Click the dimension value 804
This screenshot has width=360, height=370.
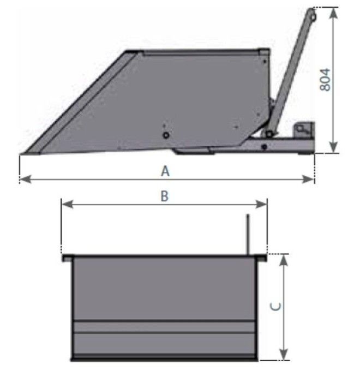(325, 80)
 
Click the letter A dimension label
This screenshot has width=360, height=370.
(165, 171)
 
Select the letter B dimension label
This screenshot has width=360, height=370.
(164, 196)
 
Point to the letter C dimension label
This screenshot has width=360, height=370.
(275, 306)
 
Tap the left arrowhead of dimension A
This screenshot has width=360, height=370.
(25, 179)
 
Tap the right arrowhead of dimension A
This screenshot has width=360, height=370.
(309, 179)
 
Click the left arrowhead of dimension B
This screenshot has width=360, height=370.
(67, 204)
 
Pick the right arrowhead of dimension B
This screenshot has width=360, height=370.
(261, 204)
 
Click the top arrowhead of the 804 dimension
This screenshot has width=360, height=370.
(333, 13)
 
